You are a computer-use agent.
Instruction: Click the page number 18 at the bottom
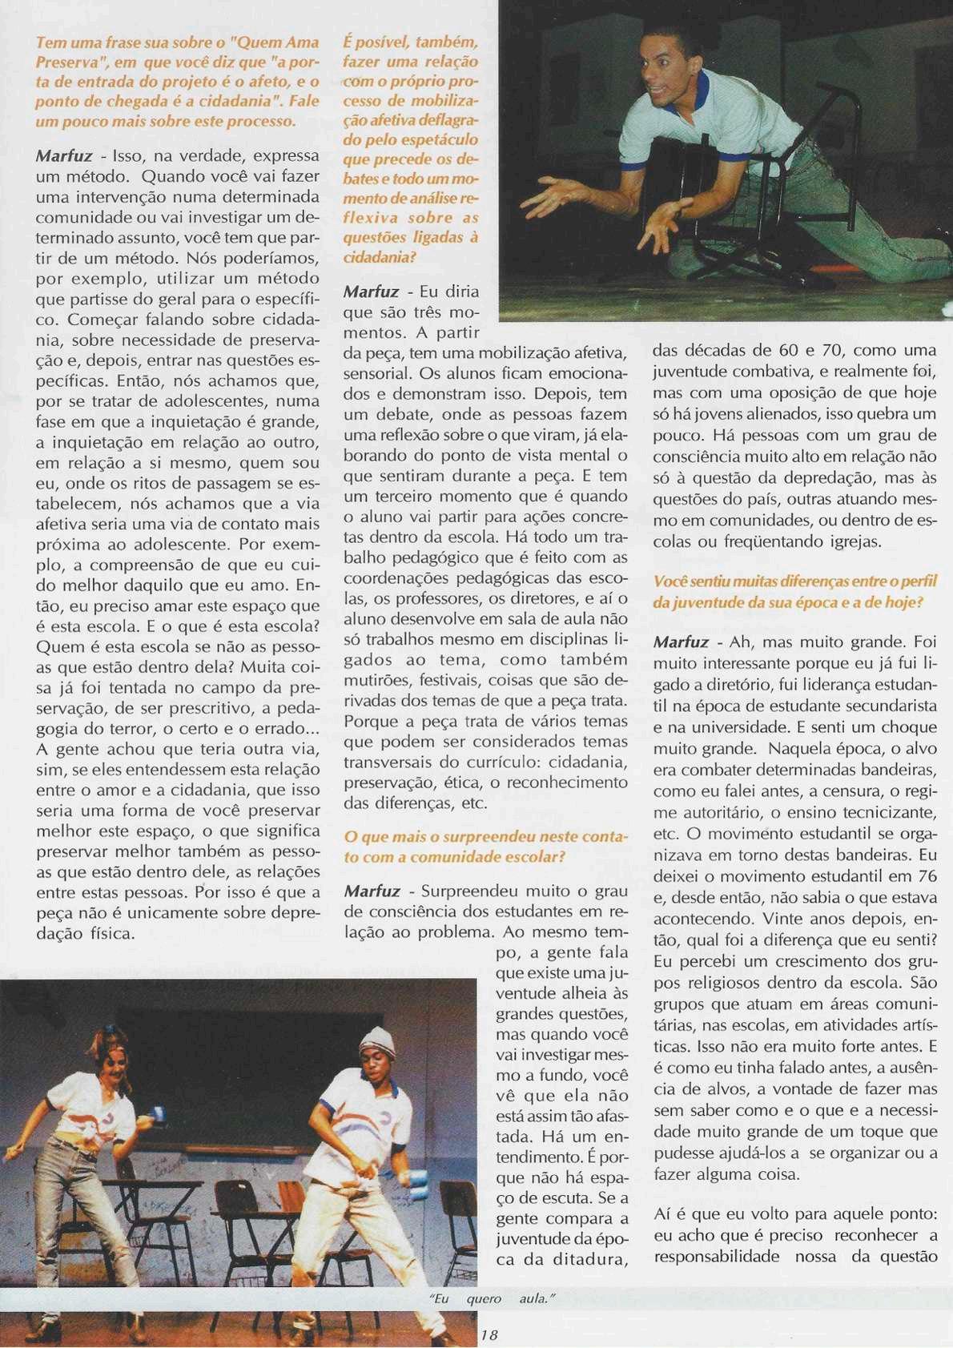[x=489, y=1334]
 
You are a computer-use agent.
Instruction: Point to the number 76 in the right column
[x=927, y=875]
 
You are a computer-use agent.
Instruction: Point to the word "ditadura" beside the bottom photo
[x=589, y=1259]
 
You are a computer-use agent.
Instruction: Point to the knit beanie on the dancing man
[x=377, y=1042]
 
